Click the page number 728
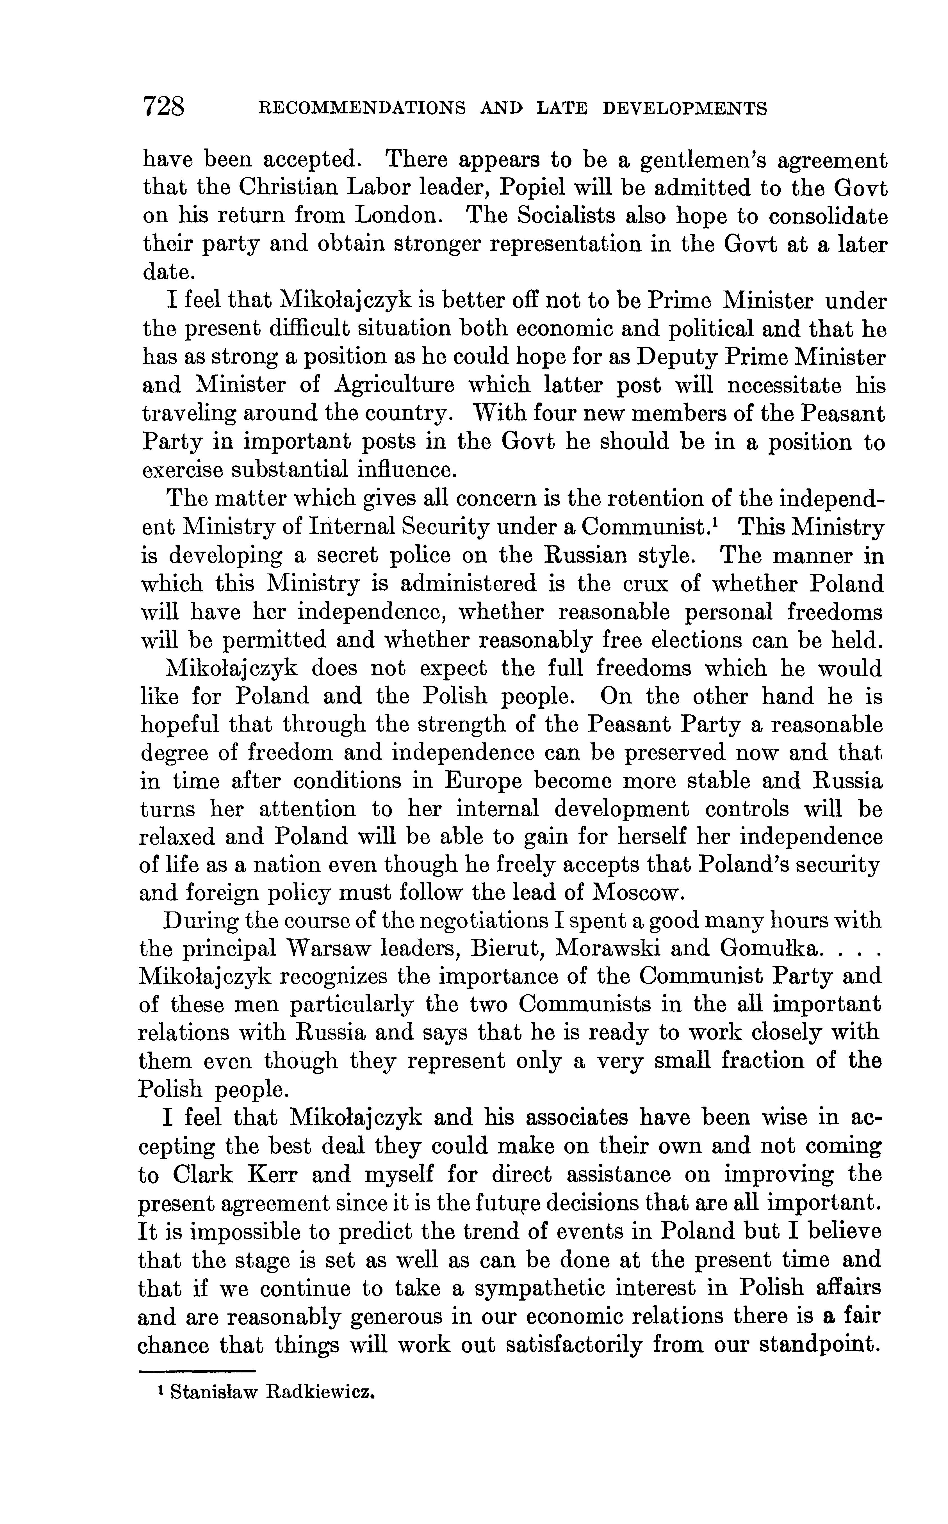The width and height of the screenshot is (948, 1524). (164, 106)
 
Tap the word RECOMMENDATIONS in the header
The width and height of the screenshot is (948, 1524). (363, 109)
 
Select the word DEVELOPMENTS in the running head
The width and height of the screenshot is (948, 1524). (685, 109)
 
